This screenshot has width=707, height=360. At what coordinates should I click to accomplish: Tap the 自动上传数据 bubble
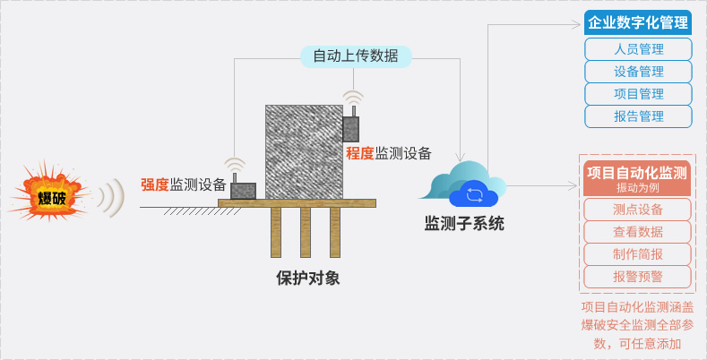click(x=356, y=56)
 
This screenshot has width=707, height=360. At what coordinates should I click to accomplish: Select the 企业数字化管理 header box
click(x=638, y=22)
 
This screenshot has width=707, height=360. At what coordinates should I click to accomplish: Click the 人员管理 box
click(x=638, y=49)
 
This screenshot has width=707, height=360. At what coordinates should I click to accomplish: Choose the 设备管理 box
click(x=638, y=72)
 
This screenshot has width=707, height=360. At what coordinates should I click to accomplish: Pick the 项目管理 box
click(x=638, y=94)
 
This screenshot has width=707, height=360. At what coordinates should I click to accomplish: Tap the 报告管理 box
click(x=638, y=116)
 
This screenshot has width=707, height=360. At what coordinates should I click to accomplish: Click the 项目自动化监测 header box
click(x=637, y=178)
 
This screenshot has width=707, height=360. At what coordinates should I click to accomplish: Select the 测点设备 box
click(x=637, y=210)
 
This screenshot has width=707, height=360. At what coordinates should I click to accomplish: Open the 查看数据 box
click(x=637, y=232)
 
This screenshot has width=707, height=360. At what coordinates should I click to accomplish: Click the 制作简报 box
click(x=637, y=254)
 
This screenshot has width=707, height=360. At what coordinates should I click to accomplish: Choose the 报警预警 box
click(x=637, y=277)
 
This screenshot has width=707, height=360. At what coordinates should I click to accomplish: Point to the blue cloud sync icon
click(x=474, y=194)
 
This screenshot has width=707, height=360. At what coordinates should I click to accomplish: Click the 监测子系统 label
click(x=464, y=224)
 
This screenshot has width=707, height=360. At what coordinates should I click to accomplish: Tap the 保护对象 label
click(x=308, y=278)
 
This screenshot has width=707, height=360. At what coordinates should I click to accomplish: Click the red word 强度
click(x=155, y=184)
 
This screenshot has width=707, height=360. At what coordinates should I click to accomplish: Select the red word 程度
click(x=360, y=153)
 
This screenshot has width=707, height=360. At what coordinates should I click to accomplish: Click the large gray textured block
click(x=304, y=152)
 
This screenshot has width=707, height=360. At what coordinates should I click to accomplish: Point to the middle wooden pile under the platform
click(x=306, y=233)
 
